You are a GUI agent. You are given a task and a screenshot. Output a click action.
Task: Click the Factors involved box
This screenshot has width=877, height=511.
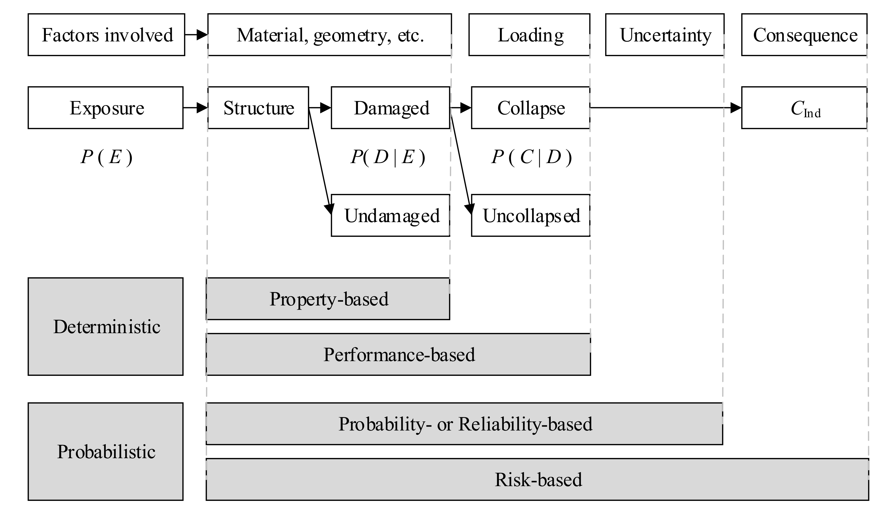tap(106, 35)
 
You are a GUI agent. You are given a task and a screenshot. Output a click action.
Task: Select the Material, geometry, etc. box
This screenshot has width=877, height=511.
tap(330, 35)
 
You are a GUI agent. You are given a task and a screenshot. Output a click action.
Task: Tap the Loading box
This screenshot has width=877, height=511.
tap(529, 35)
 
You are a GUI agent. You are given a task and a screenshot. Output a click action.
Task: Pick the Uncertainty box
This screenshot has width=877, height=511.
tap(665, 35)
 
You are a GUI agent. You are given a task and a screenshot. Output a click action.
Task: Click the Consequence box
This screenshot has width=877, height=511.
tap(804, 35)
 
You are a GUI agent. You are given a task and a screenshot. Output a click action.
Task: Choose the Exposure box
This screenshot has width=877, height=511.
tap(105, 108)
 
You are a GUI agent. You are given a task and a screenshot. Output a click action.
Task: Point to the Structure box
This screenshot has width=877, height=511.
tap(258, 108)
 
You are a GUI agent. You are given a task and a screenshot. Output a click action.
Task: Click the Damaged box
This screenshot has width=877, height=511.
tap(391, 108)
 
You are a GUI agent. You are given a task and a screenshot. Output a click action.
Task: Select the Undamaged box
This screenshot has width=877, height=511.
tap(391, 216)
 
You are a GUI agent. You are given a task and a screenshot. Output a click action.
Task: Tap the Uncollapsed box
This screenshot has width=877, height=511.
tap(531, 216)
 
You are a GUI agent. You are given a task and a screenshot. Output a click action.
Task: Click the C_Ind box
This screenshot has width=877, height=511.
tap(804, 108)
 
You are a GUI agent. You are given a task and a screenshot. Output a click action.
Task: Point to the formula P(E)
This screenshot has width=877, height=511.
tap(106, 157)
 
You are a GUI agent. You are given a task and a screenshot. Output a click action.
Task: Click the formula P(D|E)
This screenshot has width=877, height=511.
tap(388, 157)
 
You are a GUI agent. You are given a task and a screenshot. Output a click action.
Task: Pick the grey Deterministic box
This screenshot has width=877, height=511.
tap(105, 326)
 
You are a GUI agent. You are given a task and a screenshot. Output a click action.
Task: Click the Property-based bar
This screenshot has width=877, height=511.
tap(328, 299)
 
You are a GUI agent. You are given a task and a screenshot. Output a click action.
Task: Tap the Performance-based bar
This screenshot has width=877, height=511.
tap(399, 354)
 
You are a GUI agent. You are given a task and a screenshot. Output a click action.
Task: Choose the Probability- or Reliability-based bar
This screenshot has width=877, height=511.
tap(465, 424)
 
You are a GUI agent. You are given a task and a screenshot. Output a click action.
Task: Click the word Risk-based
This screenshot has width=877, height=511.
tap(538, 480)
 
